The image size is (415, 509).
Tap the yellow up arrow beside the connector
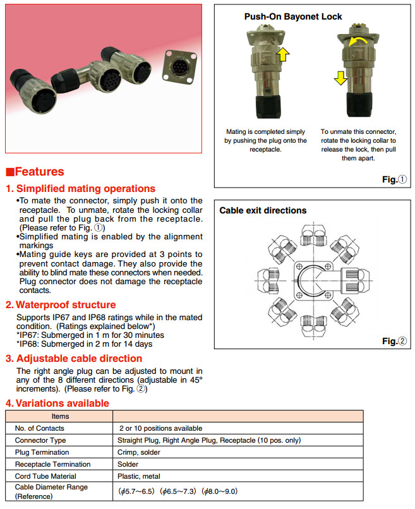pyautogui.click(x=284, y=54)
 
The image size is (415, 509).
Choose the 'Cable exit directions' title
pyautogui.click(x=263, y=210)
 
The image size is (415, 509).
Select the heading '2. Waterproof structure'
pyautogui.click(x=61, y=304)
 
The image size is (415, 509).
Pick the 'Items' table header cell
pyautogui.click(x=61, y=416)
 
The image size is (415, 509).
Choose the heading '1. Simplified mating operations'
pyautogui.click(x=81, y=188)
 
